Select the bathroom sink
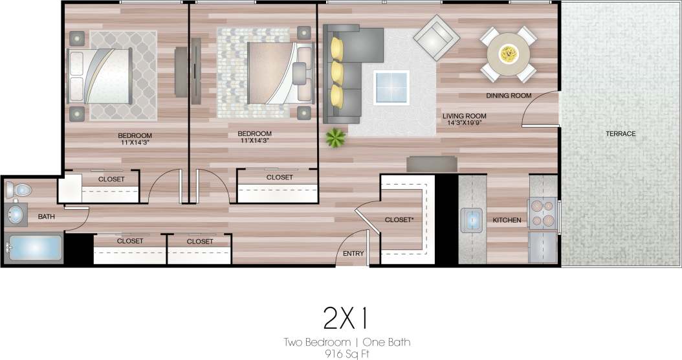15,214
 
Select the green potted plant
336,137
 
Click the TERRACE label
621,134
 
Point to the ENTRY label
353,254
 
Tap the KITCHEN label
507,221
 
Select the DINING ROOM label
509,96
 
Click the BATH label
46,217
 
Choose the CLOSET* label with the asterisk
399,220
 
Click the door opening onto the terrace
540,110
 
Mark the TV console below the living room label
430,164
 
